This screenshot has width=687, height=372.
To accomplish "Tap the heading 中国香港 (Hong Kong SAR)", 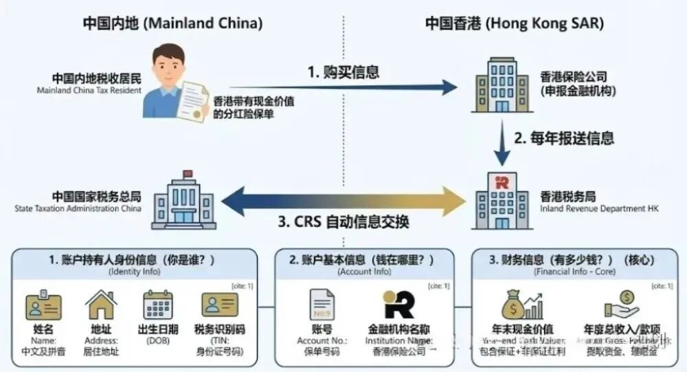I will click(515, 23).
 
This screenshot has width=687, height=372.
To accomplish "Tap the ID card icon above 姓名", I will click(43, 306).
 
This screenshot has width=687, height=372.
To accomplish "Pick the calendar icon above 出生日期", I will click(157, 305).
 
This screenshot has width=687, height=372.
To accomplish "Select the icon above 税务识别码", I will click(219, 305).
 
